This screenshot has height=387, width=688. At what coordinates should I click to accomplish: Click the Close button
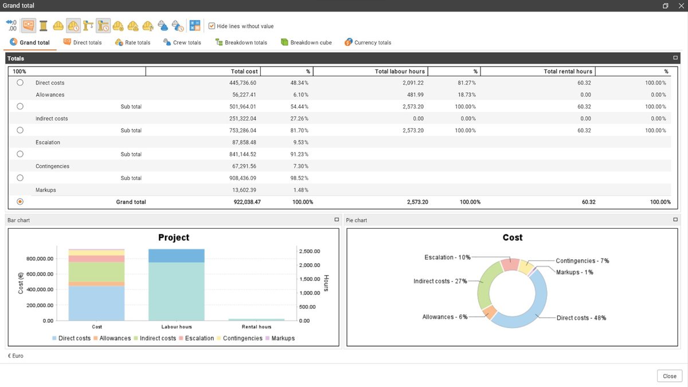coord(669,376)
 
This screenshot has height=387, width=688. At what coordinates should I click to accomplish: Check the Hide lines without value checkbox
coord(212,26)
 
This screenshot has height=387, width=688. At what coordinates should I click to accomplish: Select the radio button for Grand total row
coord(20,202)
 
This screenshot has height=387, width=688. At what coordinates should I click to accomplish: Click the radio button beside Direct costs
coord(20,83)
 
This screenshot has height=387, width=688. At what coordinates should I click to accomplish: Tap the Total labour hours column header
coord(400,72)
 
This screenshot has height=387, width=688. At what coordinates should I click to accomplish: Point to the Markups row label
coord(46,190)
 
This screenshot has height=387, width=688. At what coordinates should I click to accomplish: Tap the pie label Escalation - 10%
coord(447,257)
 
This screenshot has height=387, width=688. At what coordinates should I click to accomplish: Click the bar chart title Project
coord(173,237)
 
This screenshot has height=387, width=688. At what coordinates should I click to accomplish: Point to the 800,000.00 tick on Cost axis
coord(40,259)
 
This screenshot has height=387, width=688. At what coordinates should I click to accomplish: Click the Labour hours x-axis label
coord(177,327)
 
